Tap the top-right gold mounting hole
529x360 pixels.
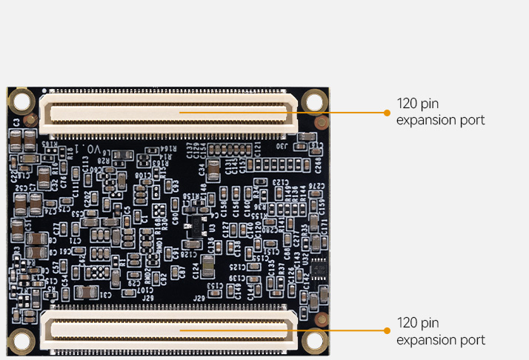[316, 99]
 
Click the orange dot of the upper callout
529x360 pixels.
[387, 113]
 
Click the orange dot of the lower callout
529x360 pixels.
[387, 331]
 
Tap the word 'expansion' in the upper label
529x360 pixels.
[425, 120]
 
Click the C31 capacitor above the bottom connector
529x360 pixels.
[87, 293]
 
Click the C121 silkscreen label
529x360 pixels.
[256, 150]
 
